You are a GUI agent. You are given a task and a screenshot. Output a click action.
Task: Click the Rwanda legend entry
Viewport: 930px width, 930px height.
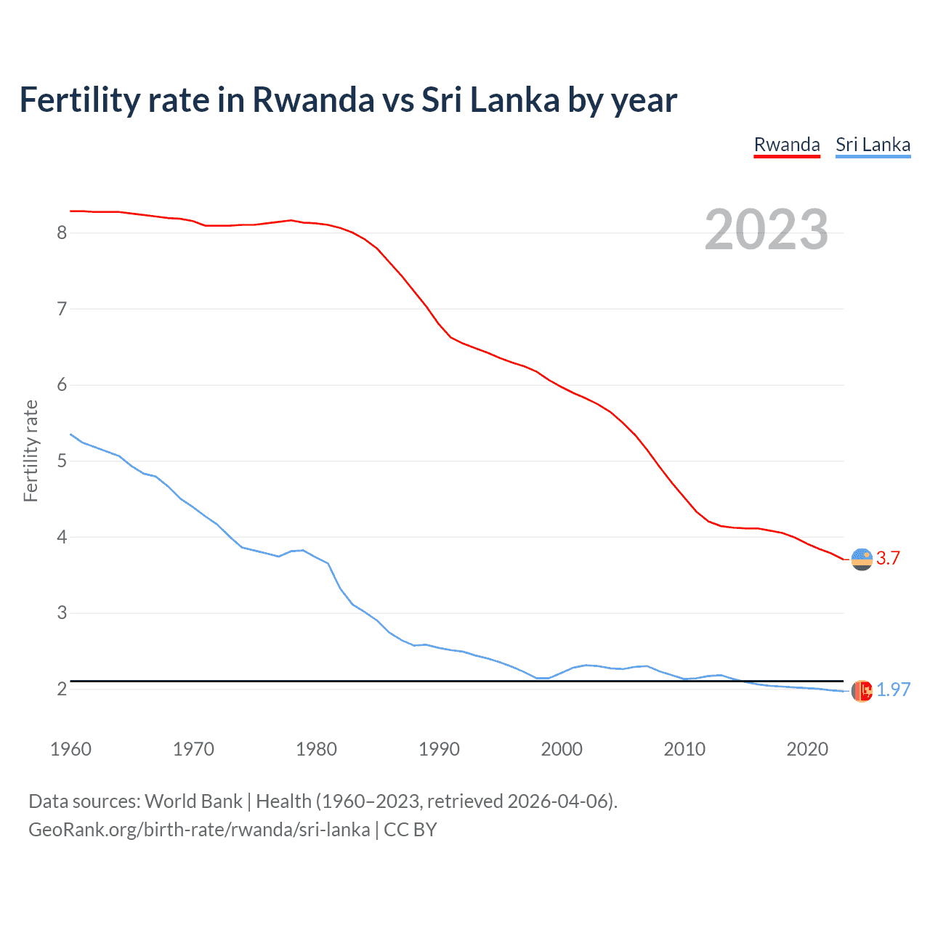point(787,145)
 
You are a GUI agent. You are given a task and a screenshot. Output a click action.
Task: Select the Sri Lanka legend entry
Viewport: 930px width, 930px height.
point(873,145)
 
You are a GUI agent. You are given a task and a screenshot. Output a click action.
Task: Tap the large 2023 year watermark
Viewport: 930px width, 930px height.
point(766,230)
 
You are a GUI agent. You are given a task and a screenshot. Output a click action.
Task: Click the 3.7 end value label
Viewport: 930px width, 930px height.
point(888,558)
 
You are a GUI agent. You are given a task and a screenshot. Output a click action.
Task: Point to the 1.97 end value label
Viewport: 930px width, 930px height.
point(893,690)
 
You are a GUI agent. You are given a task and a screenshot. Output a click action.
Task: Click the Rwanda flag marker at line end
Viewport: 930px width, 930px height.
point(862,559)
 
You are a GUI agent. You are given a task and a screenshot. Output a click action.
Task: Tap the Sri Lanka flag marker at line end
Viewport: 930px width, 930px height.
point(862,691)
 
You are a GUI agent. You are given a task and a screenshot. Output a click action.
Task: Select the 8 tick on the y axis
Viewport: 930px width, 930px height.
point(62,232)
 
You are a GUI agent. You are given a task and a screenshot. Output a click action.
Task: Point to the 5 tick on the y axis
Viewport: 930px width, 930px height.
point(62,461)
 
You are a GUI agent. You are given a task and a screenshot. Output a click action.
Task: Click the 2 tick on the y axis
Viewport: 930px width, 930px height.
point(62,689)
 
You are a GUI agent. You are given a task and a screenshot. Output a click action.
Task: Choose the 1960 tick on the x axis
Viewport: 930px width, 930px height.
point(70,749)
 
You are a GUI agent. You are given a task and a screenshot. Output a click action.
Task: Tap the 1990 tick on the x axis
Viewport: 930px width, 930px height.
point(439,749)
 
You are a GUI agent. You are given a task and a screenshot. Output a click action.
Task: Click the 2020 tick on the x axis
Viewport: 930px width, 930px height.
point(807,749)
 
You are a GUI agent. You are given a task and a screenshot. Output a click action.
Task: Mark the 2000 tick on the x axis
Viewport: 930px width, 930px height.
point(562,749)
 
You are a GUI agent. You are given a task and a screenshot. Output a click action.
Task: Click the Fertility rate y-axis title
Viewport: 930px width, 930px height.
point(31,450)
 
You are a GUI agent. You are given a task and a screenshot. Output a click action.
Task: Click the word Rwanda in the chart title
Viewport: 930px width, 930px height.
point(312,100)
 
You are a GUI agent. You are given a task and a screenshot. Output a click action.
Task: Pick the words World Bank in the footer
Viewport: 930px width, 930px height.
point(193,801)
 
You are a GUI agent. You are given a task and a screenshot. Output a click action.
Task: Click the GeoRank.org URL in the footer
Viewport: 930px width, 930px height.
point(199,830)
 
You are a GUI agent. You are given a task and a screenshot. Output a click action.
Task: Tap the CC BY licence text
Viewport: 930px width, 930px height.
point(411,830)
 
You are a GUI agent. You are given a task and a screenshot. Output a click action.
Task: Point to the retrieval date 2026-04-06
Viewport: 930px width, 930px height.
point(558,801)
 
